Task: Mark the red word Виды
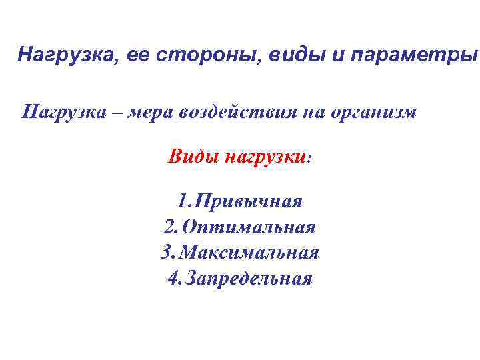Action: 193,157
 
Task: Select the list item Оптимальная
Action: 249,227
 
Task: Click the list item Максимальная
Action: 249,253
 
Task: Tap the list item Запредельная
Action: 249,278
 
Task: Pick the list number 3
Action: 167,253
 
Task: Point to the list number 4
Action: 172,278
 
